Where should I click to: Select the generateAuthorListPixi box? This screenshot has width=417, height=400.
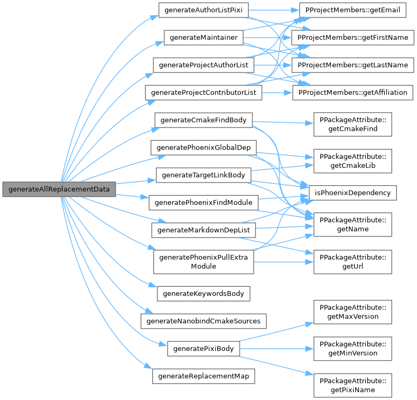click(x=203, y=11)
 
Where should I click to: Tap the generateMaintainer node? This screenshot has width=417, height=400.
click(x=203, y=38)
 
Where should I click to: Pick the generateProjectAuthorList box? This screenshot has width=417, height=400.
click(x=203, y=65)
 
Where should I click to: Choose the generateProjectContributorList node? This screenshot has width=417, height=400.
click(x=203, y=93)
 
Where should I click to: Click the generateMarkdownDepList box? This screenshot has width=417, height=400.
click(x=203, y=230)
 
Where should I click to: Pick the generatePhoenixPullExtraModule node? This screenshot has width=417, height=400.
click(x=203, y=261)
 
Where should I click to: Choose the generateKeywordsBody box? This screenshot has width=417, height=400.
click(x=203, y=293)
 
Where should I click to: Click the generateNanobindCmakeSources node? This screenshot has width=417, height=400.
click(x=203, y=321)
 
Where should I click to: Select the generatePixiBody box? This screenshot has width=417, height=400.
click(x=203, y=349)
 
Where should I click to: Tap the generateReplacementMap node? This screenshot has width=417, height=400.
click(x=203, y=376)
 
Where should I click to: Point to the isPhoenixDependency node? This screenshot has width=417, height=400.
click(x=353, y=193)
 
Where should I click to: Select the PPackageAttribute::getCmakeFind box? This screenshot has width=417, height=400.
click(x=353, y=124)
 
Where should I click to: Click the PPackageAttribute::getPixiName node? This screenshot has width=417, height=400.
click(x=353, y=385)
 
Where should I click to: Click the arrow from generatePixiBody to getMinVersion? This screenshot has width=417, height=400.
click(x=275, y=349)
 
